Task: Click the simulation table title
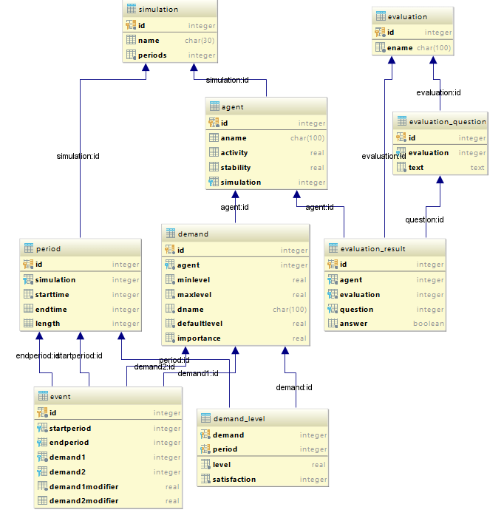point(158,10)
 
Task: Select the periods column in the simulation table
point(152,55)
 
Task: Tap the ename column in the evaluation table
point(400,48)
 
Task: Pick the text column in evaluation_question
point(417,168)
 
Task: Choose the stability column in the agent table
point(236,168)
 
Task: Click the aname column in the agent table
point(234,138)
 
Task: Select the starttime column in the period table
point(52,295)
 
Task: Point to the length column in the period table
point(48,324)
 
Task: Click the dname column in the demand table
point(191,310)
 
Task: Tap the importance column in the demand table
point(199,338)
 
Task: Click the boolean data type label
point(429,324)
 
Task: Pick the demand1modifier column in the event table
point(84,487)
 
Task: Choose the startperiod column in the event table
point(70,429)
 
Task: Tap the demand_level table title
point(239,419)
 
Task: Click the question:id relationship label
point(424,219)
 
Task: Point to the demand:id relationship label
point(294,387)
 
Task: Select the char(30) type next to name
point(200,41)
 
